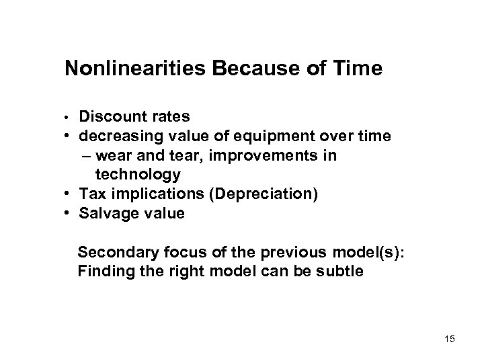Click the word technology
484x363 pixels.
[138, 175]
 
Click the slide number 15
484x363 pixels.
[449, 339]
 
